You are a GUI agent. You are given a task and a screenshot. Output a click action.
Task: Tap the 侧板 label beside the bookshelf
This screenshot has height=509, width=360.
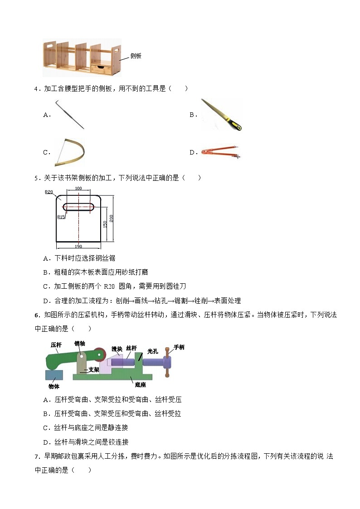click(136, 56)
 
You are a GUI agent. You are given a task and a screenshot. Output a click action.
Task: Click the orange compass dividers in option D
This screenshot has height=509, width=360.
click(221, 152)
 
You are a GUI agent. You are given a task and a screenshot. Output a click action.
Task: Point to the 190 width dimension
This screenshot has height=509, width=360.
click(78, 246)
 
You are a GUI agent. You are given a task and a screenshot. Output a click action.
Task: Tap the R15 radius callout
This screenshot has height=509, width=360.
click(61, 217)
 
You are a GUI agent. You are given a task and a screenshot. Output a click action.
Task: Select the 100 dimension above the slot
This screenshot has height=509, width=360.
click(78, 188)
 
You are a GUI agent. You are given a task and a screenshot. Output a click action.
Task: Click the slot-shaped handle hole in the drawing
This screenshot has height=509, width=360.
click(78, 207)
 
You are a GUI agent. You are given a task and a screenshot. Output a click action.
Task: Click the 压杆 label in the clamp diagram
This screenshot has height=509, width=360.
click(56, 344)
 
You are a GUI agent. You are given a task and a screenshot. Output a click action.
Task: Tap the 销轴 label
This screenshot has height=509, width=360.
click(80, 344)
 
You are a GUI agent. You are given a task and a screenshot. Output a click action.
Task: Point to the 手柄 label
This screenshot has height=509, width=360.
click(179, 347)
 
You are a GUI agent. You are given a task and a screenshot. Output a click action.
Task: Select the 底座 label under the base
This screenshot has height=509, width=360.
click(140, 384)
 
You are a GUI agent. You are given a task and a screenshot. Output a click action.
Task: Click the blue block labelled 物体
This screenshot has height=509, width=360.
click(54, 376)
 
